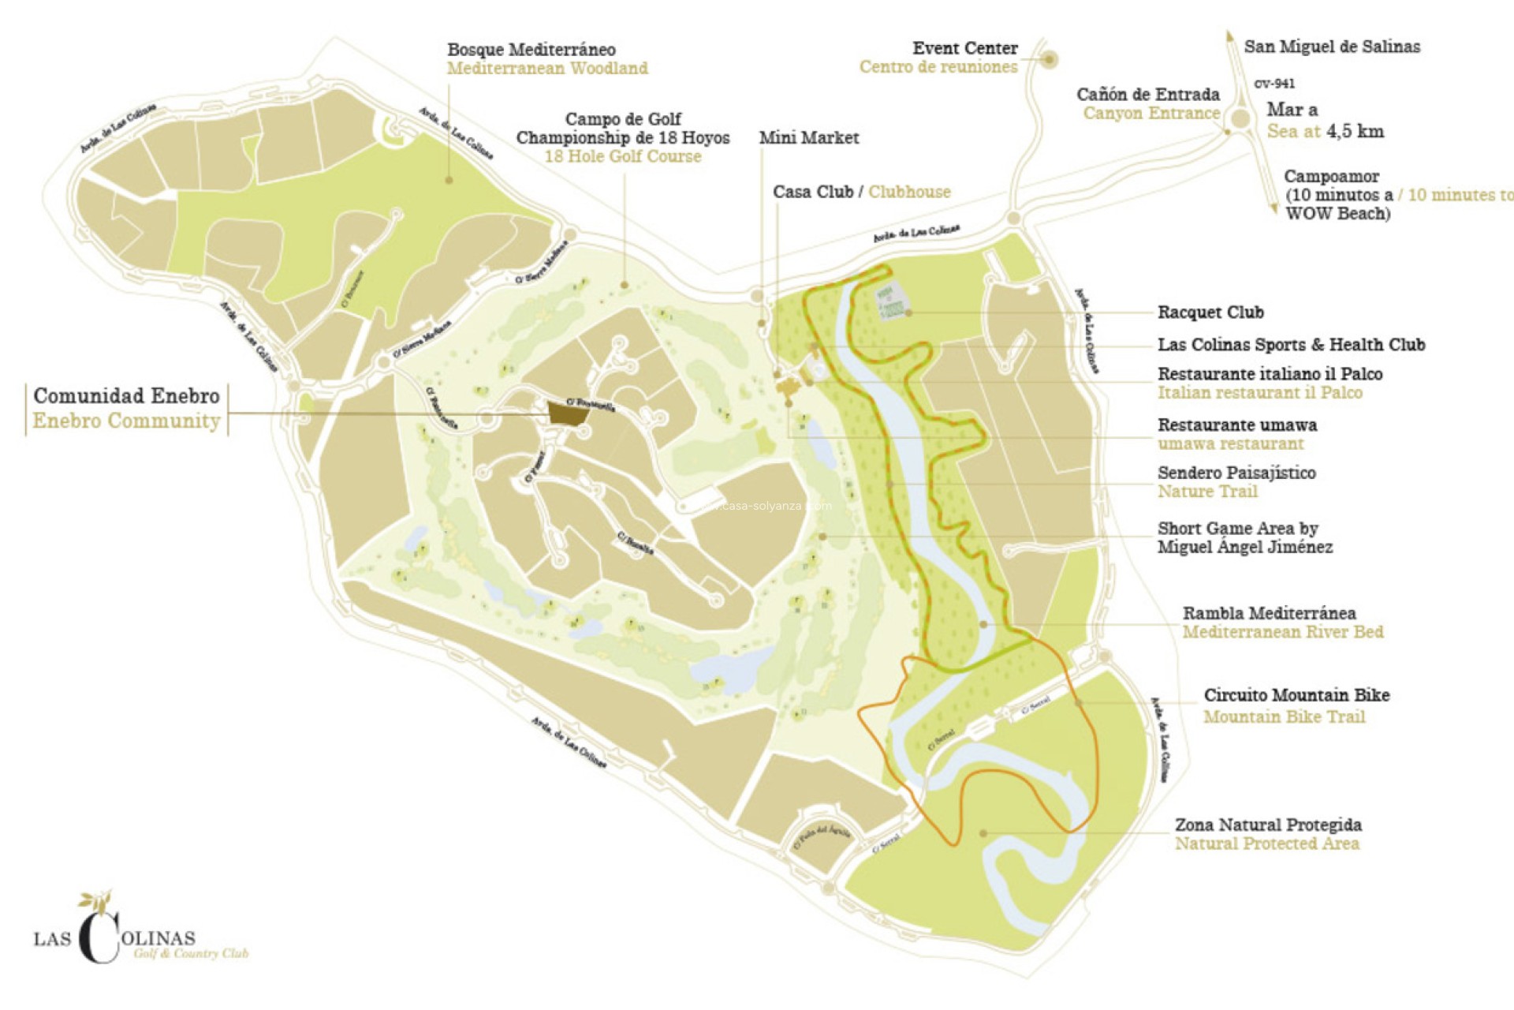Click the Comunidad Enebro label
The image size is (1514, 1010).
pos(126,395)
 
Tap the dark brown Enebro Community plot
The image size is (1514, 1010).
pos(567,413)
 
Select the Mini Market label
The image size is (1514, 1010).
pos(808,138)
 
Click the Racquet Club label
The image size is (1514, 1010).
pos(1210,312)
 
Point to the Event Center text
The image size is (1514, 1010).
pos(964,49)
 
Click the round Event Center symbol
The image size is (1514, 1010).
pos(1049,59)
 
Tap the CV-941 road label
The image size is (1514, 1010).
pos(1273,84)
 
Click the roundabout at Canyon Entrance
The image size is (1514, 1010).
pos(1240,119)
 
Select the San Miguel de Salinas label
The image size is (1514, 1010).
pos(1332,47)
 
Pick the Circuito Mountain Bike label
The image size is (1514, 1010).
pos(1296,695)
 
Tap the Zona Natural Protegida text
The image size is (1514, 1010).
pos(1268,825)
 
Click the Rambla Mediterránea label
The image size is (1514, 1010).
pos(1269,613)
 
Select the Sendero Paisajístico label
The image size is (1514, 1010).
pos(1236,473)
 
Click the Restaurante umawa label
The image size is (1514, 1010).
pos(1236,425)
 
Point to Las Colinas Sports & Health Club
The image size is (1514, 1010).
pos(1291,345)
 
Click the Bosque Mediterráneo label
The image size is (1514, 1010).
pos(531,50)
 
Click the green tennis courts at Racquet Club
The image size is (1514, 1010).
pos(889,302)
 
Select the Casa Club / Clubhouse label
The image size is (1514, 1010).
pos(861,192)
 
